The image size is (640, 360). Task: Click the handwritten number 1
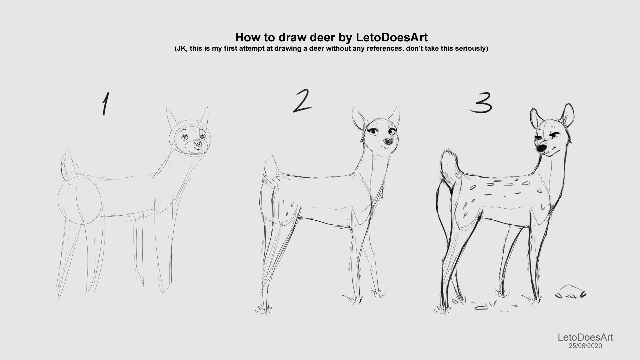[105, 104]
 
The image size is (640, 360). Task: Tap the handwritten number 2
[303, 101]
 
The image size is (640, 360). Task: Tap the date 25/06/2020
[585, 346]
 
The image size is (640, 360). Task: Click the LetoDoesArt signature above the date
[586, 337]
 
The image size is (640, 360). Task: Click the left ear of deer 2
[358, 118]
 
